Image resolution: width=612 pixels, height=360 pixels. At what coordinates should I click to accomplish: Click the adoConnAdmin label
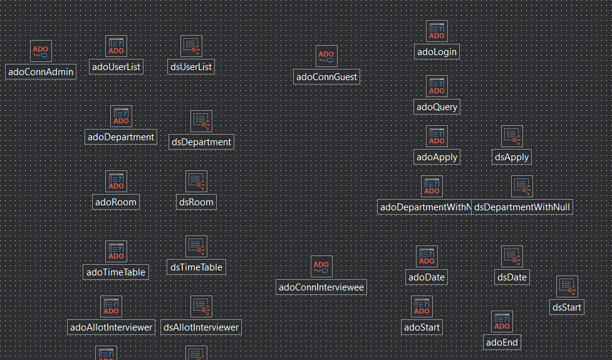click(41, 72)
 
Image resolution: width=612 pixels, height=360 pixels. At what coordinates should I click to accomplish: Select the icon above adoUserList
click(117, 46)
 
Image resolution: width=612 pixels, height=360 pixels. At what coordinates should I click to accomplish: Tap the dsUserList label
click(191, 67)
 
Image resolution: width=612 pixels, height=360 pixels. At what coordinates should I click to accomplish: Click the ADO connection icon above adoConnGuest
click(326, 56)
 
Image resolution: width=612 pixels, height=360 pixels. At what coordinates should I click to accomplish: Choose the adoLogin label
click(437, 52)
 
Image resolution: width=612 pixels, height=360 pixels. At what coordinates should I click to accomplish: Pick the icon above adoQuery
click(437, 86)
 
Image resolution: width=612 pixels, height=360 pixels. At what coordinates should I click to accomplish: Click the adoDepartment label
click(121, 137)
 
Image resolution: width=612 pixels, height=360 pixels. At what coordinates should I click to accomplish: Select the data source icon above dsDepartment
click(201, 121)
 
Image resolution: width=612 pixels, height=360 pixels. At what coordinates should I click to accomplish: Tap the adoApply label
click(437, 157)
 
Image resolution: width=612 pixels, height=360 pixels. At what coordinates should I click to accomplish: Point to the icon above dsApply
click(512, 136)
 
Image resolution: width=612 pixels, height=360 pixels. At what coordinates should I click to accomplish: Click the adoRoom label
click(116, 202)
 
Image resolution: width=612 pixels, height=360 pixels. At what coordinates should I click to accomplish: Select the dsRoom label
click(196, 202)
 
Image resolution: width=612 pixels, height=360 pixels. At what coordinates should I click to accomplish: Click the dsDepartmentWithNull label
click(522, 207)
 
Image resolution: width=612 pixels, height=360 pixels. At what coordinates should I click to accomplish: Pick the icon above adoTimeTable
click(116, 251)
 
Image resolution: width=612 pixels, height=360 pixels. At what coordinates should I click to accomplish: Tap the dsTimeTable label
click(196, 267)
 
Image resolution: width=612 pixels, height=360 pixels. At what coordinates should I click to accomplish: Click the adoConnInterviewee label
click(321, 287)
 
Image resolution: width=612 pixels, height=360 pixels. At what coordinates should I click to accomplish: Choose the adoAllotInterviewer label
click(112, 327)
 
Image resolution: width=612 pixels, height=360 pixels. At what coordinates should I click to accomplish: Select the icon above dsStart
click(567, 286)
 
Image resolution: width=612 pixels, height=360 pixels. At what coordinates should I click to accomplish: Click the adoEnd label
click(502, 342)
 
